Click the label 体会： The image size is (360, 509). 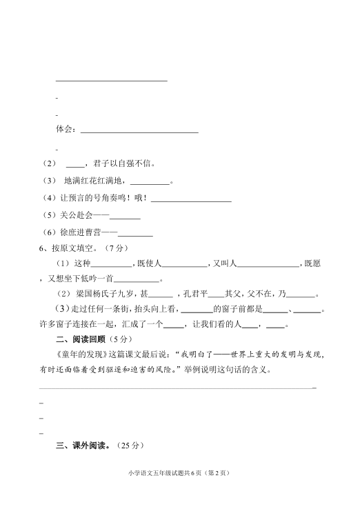click(67, 129)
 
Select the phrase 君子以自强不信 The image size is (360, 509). click(122, 164)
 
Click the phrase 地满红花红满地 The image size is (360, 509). click(94, 181)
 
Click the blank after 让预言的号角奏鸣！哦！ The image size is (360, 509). click(191, 200)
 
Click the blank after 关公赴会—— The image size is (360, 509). click(126, 217)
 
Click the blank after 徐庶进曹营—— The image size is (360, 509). click(136, 234)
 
